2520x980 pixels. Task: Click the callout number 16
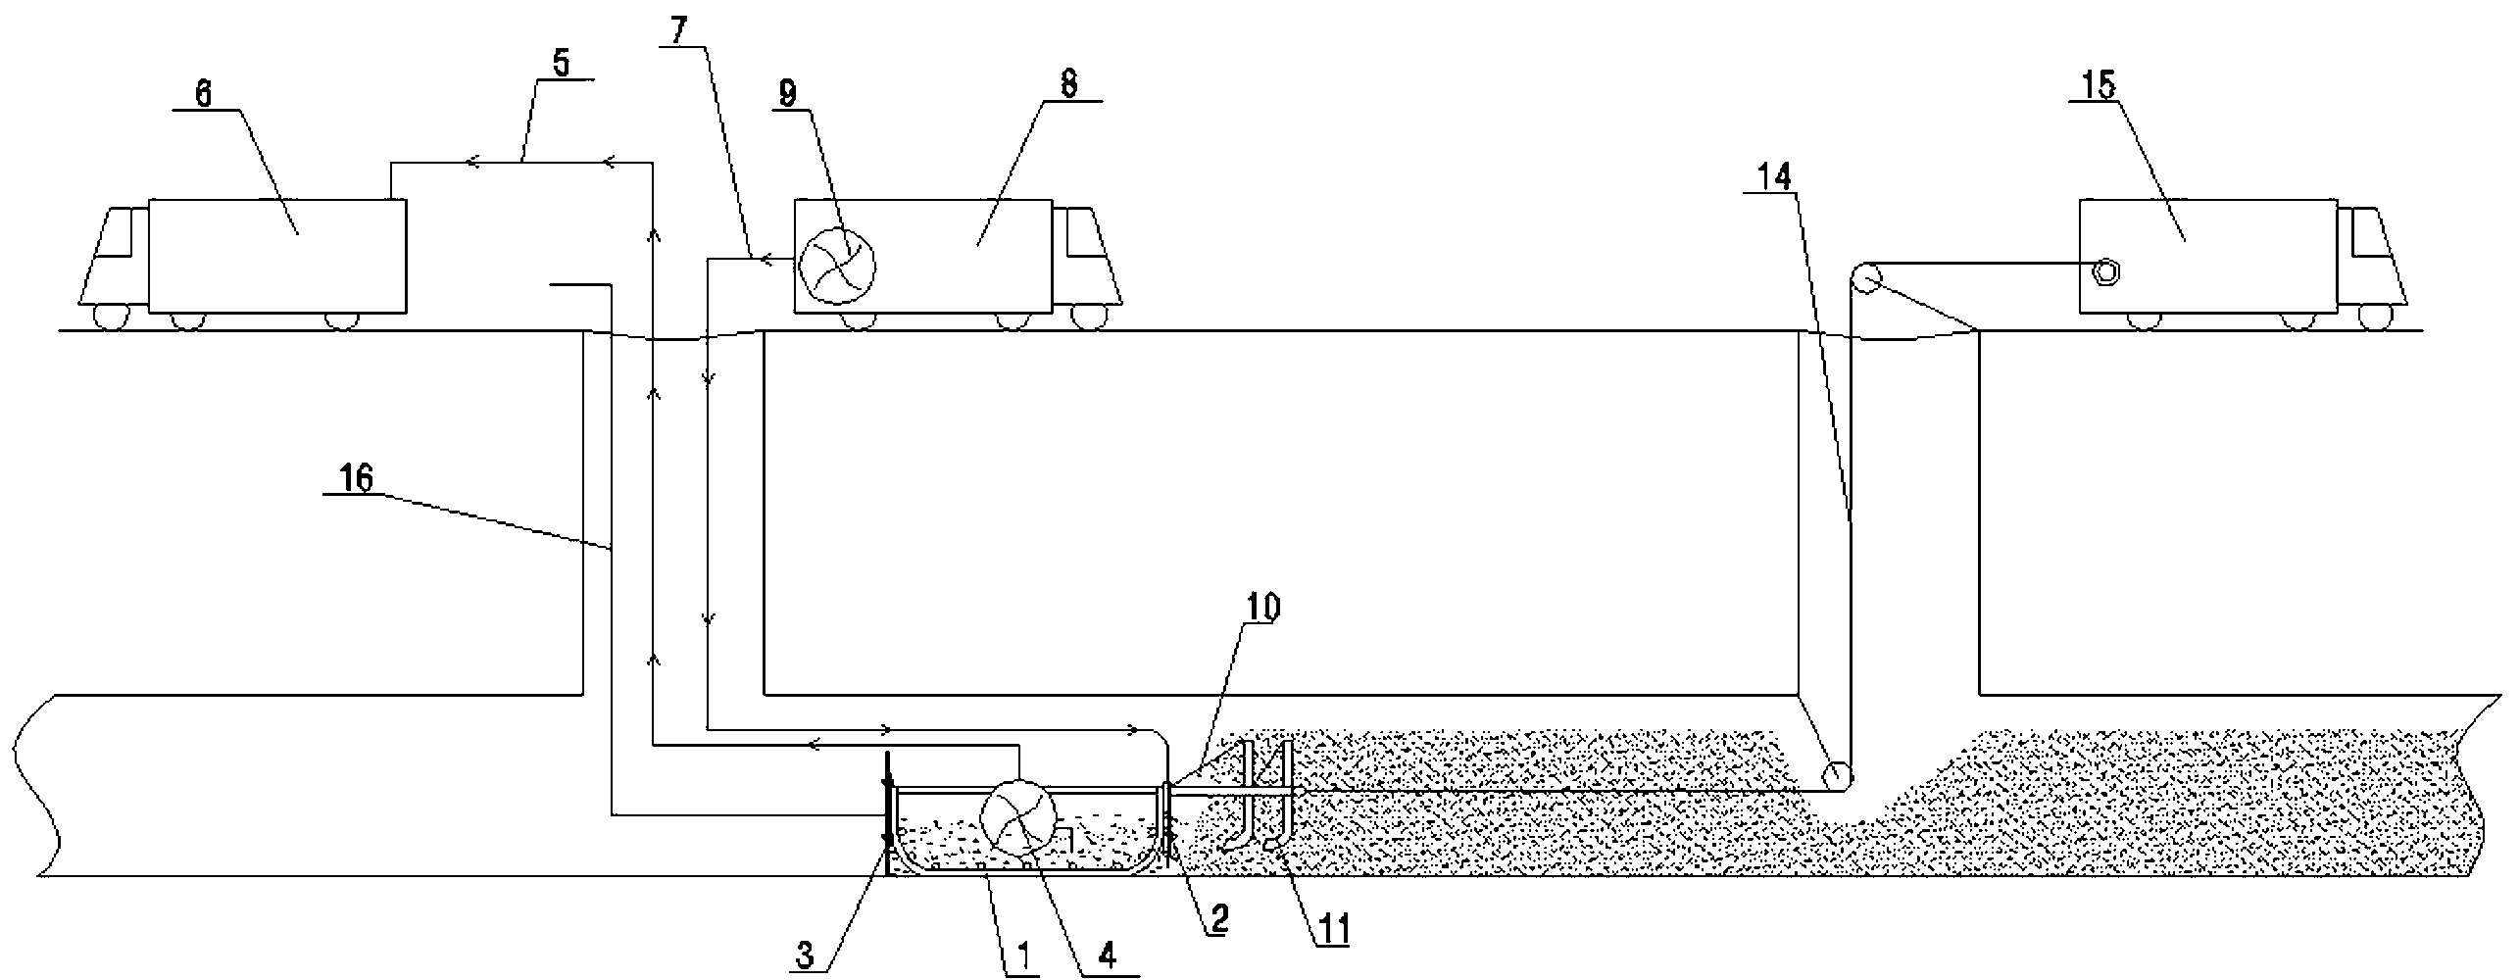tap(358, 480)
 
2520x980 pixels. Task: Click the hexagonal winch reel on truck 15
tap(2102, 272)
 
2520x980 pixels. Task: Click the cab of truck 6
tap(113, 260)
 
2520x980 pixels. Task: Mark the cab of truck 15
tap(2372, 260)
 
